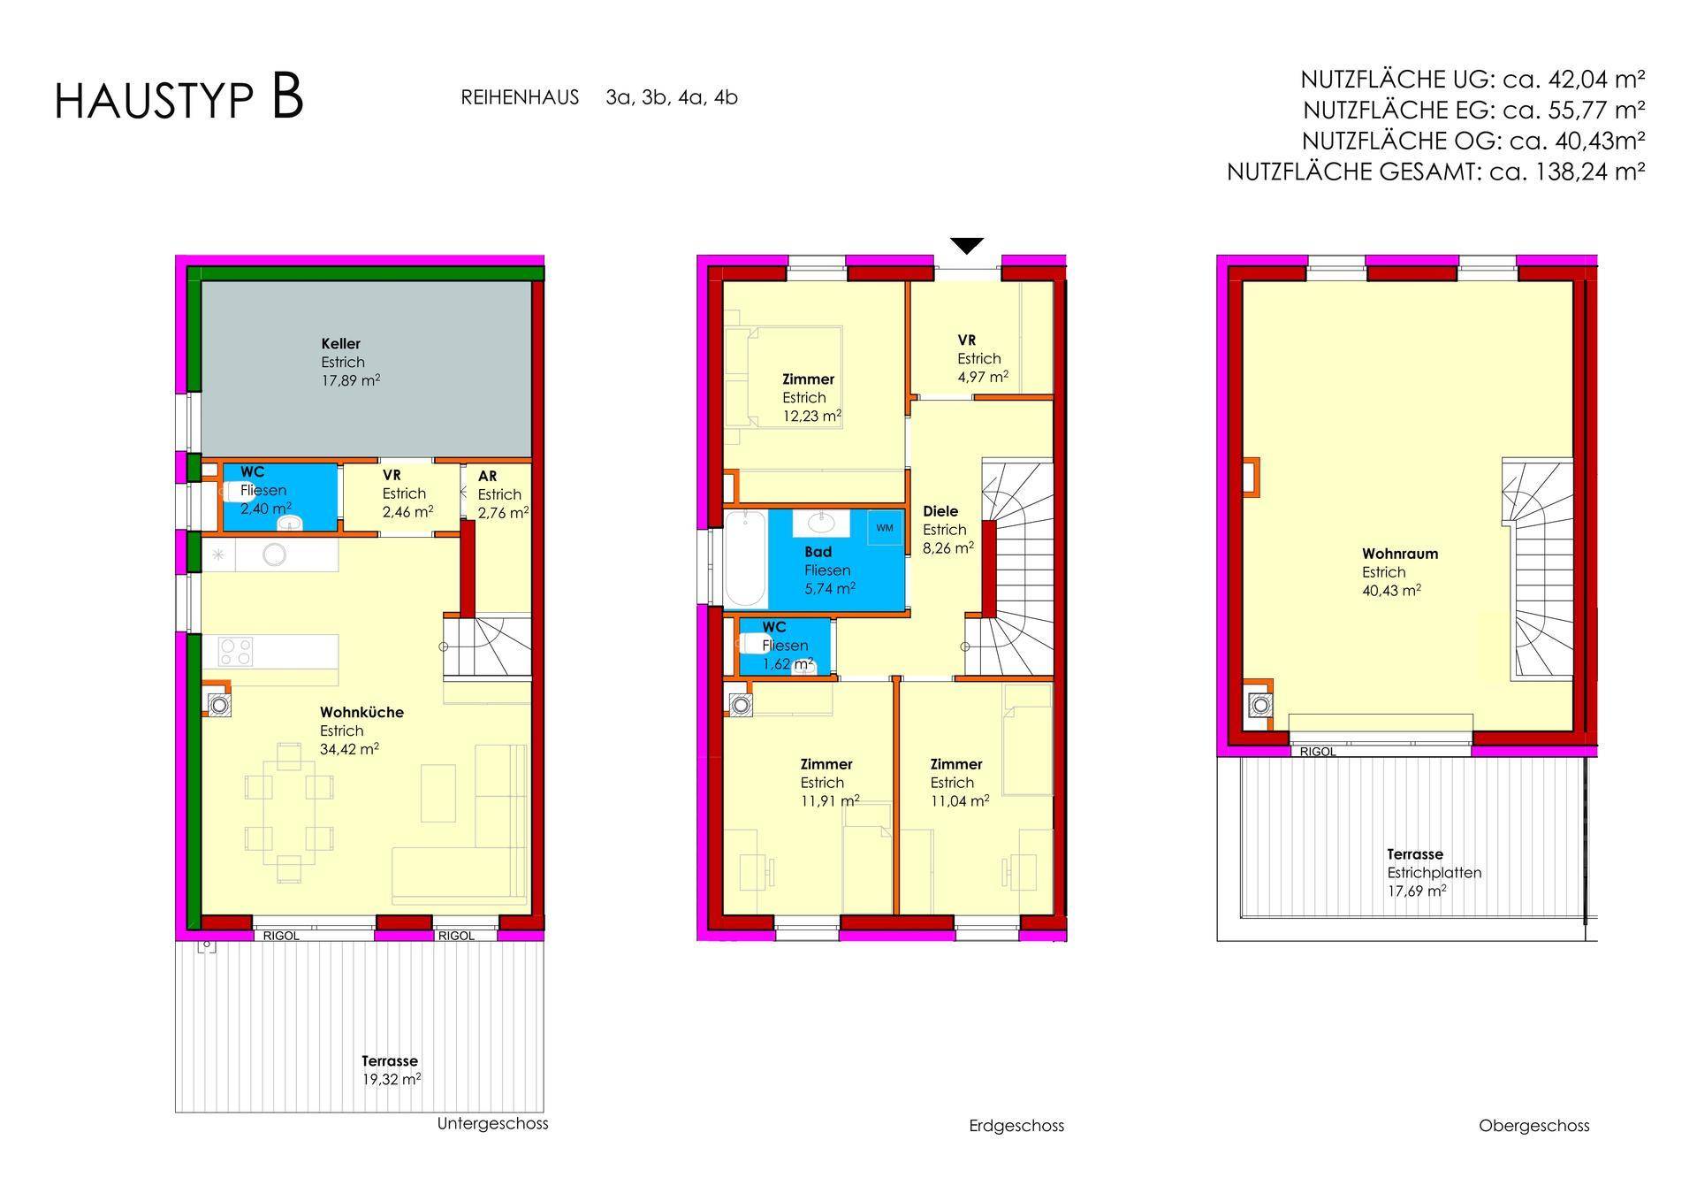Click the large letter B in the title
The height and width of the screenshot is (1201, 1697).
point(287,97)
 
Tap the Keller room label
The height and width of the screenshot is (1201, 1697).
point(340,344)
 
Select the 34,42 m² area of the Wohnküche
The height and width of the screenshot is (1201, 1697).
point(350,749)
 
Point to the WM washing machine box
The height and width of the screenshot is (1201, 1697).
point(885,528)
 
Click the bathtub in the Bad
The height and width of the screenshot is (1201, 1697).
point(745,558)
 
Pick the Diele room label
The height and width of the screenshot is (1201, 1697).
point(940,511)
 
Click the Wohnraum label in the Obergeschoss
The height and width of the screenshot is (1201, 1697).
point(1400,555)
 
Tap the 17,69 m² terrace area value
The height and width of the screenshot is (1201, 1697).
point(1417,891)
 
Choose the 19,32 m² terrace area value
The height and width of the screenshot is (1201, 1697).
point(391,1080)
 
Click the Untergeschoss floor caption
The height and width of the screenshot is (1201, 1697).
point(492,1124)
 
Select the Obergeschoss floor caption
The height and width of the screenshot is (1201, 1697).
point(1533,1126)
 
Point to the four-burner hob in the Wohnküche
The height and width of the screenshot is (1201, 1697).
point(236,653)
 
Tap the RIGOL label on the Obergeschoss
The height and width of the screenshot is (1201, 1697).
point(1317,752)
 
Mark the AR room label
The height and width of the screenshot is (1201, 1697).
point(487,476)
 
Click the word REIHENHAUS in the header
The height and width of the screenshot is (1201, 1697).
point(520,97)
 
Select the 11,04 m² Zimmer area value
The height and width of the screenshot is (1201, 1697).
point(960,801)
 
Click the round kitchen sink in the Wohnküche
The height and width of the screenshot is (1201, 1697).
point(274,555)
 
